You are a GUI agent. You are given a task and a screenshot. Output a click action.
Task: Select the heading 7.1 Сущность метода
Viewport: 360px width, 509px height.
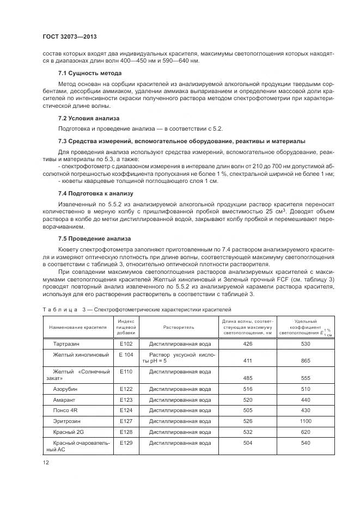[x=90, y=73]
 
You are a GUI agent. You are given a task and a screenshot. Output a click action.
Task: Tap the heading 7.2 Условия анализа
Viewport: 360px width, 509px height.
[x=89, y=118]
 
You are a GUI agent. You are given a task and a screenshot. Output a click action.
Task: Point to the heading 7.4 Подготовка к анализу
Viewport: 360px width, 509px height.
[x=95, y=193]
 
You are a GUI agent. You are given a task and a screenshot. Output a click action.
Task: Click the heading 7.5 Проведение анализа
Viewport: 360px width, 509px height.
[x=94, y=238]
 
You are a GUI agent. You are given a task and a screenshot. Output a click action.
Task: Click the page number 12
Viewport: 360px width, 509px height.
[x=45, y=462]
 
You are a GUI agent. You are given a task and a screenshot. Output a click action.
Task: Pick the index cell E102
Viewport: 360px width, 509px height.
[x=126, y=344]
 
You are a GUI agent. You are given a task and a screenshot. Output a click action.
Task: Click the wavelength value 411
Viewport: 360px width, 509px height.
[x=248, y=361]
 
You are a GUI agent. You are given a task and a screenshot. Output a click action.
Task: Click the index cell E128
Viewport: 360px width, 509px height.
[x=126, y=431]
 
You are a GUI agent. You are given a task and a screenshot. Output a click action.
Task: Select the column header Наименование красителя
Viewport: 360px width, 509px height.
[x=78, y=328]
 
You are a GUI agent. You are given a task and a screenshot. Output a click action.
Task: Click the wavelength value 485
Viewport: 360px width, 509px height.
[x=248, y=378]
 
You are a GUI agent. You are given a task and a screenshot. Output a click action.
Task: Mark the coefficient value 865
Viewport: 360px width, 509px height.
[x=306, y=361]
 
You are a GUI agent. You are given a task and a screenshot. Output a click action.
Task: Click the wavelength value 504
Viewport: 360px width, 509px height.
[x=248, y=443]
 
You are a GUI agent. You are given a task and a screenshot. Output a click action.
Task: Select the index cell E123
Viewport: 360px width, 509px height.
[x=126, y=399]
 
